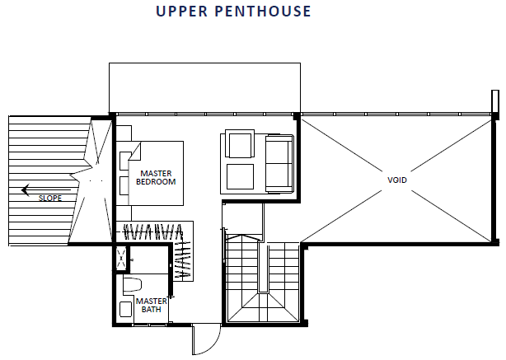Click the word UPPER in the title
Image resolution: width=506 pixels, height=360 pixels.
point(181,12)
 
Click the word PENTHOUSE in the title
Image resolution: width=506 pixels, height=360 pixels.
point(263,12)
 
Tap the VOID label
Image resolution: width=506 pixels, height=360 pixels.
point(397,180)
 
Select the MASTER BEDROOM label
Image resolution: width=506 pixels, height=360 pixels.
point(156,178)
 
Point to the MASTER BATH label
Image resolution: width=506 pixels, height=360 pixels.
point(151,305)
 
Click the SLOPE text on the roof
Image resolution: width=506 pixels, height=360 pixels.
point(50,198)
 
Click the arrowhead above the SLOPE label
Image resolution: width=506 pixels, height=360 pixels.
point(26,190)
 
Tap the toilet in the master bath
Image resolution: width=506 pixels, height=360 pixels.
point(133,284)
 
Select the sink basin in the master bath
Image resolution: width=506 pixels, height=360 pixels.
point(125,309)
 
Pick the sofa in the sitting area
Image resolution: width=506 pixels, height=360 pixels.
point(279,164)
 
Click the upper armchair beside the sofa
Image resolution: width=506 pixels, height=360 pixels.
point(240,144)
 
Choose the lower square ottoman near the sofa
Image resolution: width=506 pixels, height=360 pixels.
point(240,176)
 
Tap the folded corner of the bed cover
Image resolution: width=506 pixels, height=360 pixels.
point(135,152)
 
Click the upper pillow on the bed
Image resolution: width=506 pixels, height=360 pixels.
point(124,161)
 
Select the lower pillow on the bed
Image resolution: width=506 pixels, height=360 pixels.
point(124,186)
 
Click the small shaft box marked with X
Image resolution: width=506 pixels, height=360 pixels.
point(121,257)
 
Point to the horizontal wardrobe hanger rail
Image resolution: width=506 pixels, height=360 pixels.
point(149,232)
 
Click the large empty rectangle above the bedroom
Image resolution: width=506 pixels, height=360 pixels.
point(204,87)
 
